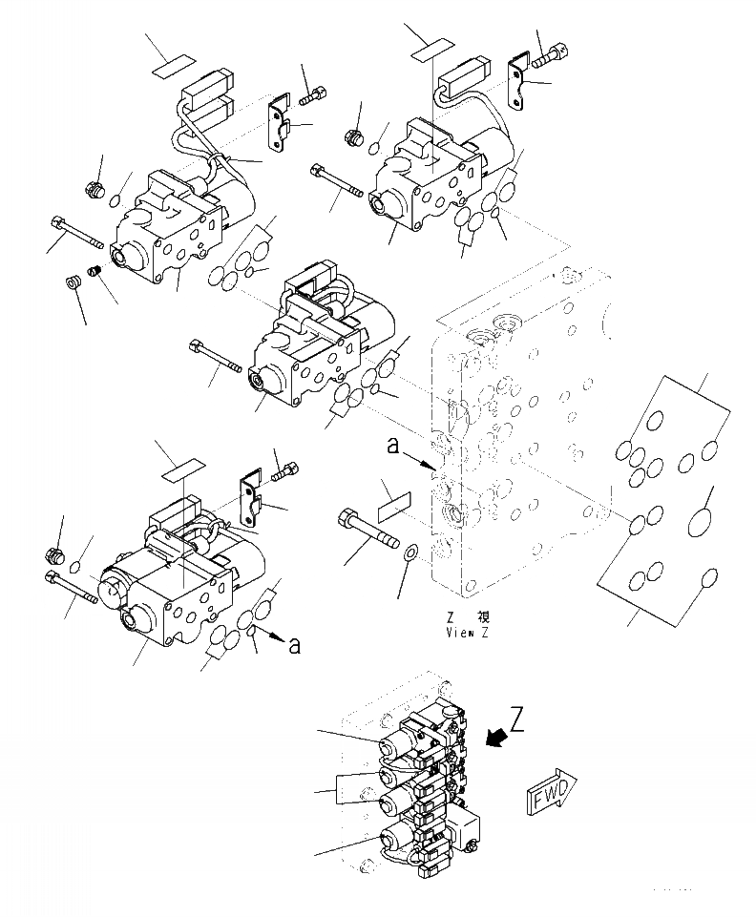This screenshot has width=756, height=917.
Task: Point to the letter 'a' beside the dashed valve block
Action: [392, 446]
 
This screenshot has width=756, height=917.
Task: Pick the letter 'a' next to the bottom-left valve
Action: [294, 645]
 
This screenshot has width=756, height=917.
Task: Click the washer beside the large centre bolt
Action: [409, 552]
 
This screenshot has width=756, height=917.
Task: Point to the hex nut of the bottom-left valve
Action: [54, 552]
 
